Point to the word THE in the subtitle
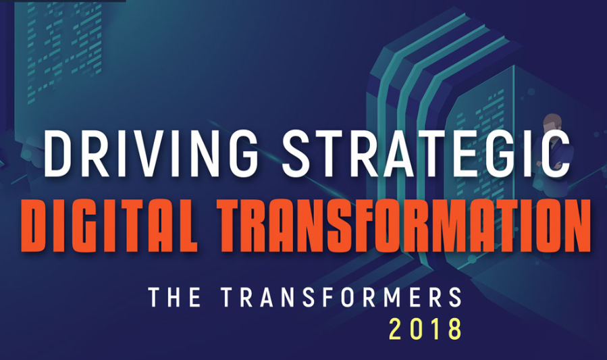[174, 298]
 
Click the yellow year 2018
[425, 329]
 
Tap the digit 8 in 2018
[454, 329]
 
